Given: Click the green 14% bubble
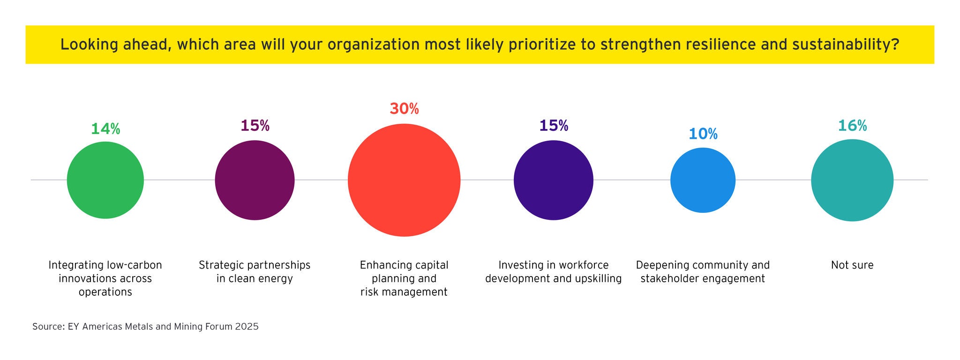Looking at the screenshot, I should pyautogui.click(x=105, y=180).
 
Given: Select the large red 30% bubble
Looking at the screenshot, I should pyautogui.click(x=404, y=180).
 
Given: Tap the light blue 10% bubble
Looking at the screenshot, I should pyautogui.click(x=703, y=180).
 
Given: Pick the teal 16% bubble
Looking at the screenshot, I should pyautogui.click(x=852, y=180).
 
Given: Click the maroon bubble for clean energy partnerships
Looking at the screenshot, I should pyautogui.click(x=255, y=180).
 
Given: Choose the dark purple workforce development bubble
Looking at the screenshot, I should pyautogui.click(x=553, y=180).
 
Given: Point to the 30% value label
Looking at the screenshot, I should pyautogui.click(x=404, y=109).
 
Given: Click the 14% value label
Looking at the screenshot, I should pyautogui.click(x=105, y=129).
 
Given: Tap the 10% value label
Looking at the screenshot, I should pyautogui.click(x=703, y=134).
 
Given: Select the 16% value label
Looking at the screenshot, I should pyautogui.click(x=852, y=126).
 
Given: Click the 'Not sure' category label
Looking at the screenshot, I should pyautogui.click(x=852, y=265).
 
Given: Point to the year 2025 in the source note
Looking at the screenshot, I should pyautogui.click(x=247, y=327).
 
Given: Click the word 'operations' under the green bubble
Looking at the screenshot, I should pyautogui.click(x=105, y=292).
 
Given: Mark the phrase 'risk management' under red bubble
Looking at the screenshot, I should pyautogui.click(x=404, y=292).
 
